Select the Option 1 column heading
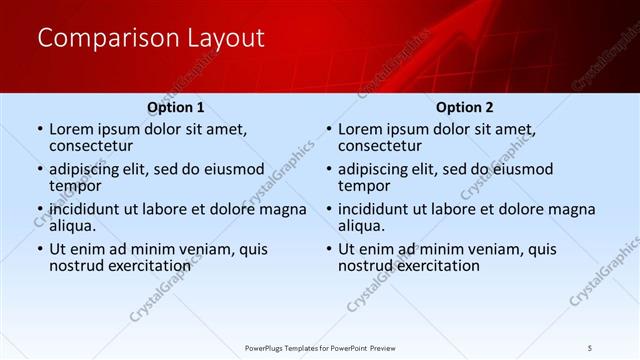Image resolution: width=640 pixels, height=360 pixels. pyautogui.click(x=175, y=107)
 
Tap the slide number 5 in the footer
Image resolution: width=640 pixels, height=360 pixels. pyautogui.click(x=590, y=347)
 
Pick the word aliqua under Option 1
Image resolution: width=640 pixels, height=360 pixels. pyautogui.click(x=74, y=226)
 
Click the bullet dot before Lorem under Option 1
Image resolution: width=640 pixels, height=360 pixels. pyautogui.click(x=39, y=130)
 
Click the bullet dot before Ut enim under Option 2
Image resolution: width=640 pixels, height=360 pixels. pyautogui.click(x=328, y=250)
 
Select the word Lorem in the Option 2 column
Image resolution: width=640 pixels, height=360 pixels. pyautogui.click(x=361, y=129)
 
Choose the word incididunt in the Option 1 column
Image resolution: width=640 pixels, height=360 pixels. pyautogui.click(x=89, y=209)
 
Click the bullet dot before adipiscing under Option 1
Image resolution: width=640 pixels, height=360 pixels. pyautogui.click(x=39, y=170)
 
